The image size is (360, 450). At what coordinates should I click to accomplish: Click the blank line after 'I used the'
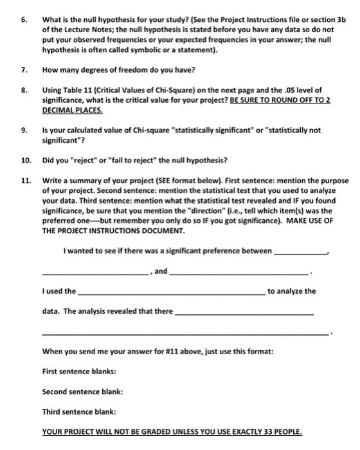(170, 294)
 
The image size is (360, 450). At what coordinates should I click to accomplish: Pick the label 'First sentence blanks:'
(79, 372)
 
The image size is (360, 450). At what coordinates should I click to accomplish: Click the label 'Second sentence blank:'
(82, 392)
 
